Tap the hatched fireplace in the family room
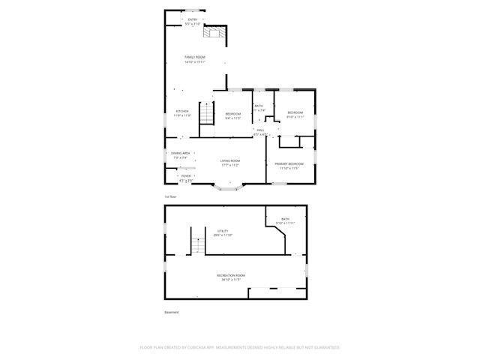pos(216,31)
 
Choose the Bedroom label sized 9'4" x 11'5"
pos(233,115)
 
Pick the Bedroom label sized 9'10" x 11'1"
pos(295,115)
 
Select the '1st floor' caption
pos(171,196)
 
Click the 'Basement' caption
pos(172,312)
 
